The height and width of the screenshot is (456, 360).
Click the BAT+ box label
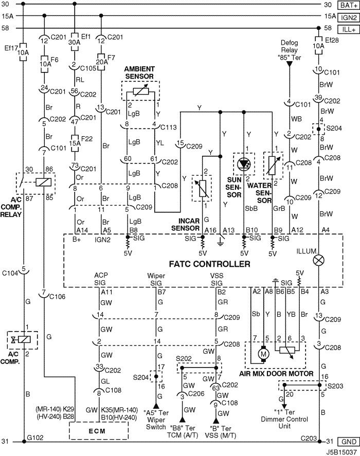[349, 5]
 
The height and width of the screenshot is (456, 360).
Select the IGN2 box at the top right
[349, 17]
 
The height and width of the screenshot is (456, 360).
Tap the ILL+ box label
[349, 30]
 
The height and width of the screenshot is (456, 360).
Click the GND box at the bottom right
[349, 442]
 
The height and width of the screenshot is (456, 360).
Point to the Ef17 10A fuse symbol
[23, 52]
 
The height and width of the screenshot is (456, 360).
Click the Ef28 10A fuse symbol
[319, 46]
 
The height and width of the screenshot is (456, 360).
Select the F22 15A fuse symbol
[75, 143]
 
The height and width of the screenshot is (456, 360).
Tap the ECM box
[98, 431]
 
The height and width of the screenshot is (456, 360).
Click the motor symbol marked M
[264, 354]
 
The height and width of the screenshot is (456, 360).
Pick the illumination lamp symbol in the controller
[319, 260]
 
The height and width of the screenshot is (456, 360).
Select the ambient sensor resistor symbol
[140, 92]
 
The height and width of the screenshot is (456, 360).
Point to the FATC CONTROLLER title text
[209, 264]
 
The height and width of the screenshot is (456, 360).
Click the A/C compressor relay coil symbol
[43, 183]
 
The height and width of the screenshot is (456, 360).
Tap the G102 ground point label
[35, 437]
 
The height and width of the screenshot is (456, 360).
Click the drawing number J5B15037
[341, 452]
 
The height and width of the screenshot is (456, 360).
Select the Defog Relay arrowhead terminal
[289, 64]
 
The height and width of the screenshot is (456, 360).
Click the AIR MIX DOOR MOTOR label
[276, 374]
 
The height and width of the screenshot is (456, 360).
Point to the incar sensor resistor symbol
[202, 189]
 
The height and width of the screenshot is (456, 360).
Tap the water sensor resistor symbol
[273, 166]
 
